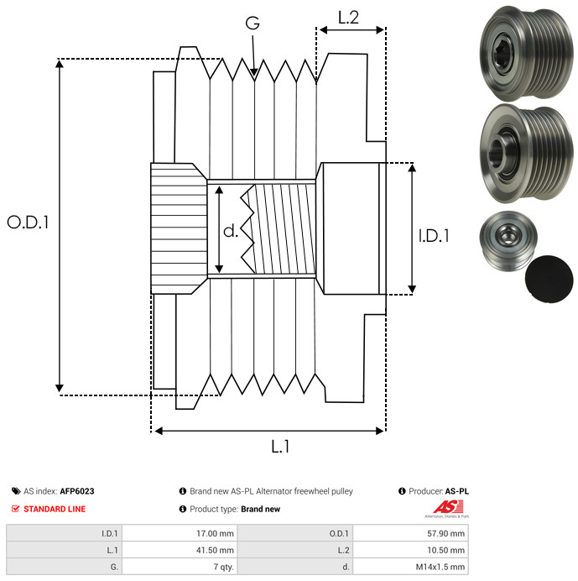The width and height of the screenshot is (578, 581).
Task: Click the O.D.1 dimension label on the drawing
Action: (28, 222)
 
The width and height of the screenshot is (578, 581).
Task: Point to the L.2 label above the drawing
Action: (348, 18)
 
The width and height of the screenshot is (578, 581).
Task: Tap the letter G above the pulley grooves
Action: (253, 23)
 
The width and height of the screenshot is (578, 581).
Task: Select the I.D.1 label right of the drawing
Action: (434, 236)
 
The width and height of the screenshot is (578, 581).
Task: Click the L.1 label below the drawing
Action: (280, 447)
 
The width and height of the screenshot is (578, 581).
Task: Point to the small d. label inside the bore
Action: (231, 231)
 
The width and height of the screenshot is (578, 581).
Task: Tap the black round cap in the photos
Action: (549, 279)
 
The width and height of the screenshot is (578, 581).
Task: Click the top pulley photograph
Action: (526, 53)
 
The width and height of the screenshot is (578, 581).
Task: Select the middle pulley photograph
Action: (526, 153)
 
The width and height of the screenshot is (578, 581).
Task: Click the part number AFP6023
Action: (77, 491)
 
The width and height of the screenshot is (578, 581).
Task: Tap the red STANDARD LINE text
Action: (55, 509)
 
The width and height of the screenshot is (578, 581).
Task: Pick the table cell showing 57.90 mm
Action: (410, 533)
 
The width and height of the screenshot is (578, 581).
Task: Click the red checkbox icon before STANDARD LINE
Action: (15, 509)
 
